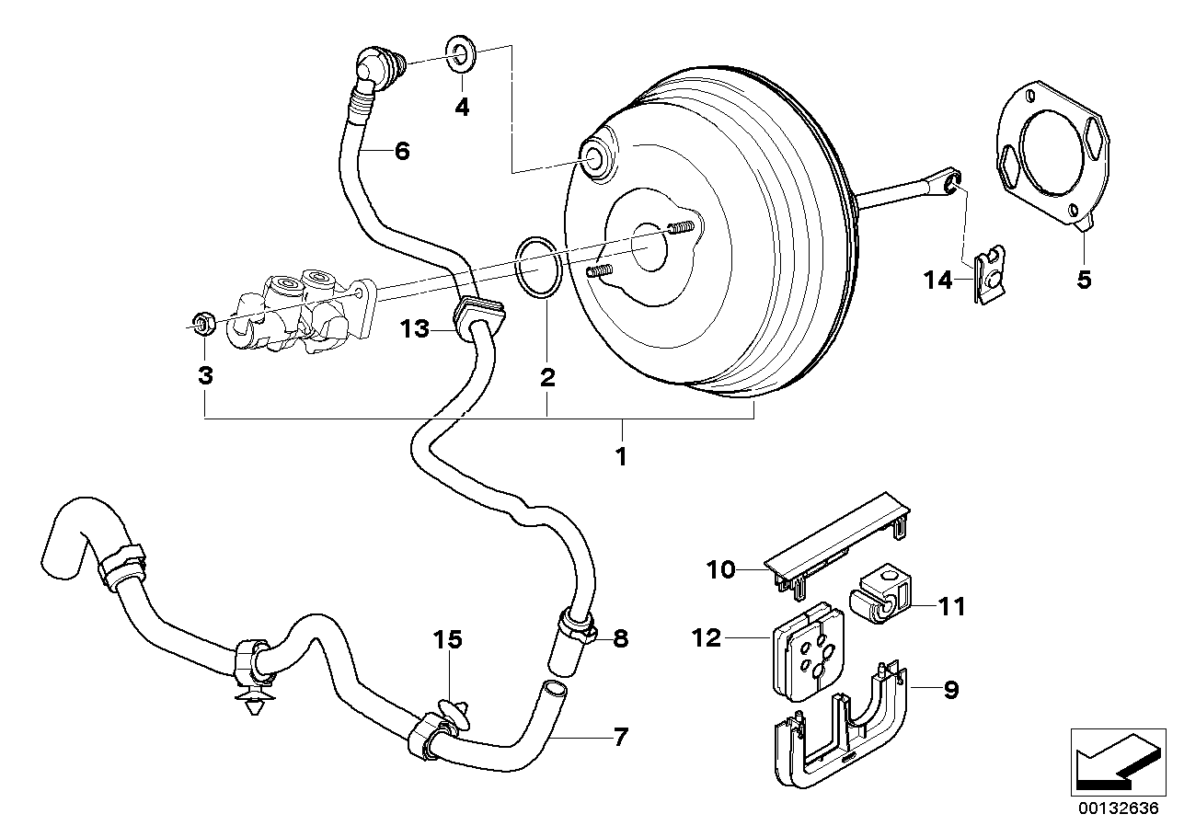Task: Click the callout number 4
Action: [x=462, y=108]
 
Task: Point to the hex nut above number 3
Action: [x=204, y=322]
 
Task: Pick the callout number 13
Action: [x=415, y=328]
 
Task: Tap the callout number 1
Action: [x=621, y=455]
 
